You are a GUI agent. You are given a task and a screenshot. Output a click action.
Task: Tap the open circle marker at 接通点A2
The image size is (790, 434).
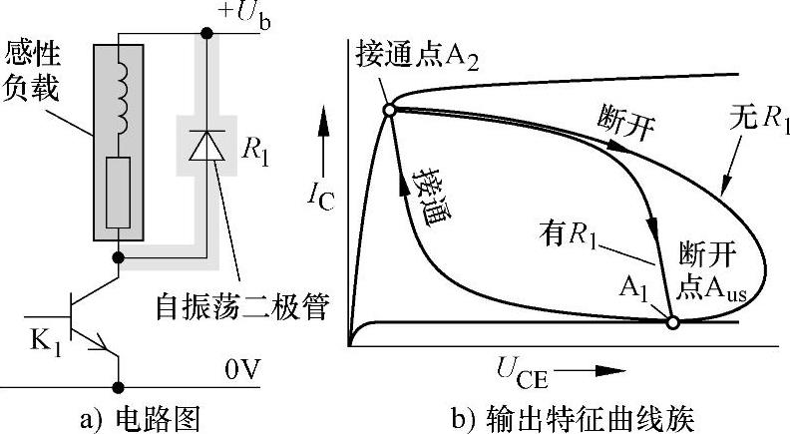pos(389,109)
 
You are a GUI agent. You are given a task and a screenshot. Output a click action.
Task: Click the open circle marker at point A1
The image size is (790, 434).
pos(672,322)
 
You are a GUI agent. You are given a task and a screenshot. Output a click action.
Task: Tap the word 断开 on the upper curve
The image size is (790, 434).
pos(624,120)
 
